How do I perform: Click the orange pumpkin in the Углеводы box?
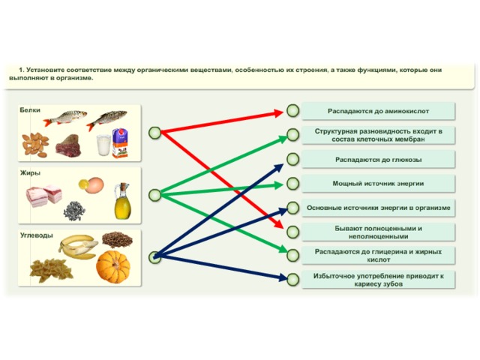(113, 267)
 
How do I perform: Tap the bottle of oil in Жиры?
(122, 201)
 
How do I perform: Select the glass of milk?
(103, 145)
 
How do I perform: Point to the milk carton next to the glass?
(120, 143)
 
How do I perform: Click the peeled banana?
(78, 247)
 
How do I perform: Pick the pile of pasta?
(51, 269)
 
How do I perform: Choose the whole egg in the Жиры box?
(94, 185)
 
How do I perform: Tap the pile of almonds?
(35, 145)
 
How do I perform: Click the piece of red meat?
(68, 145)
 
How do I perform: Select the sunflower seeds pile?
(74, 211)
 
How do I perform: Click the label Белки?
(30, 110)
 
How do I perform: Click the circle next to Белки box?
(154, 133)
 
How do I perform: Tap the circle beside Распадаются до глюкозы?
(293, 159)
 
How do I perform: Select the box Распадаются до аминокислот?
(378, 111)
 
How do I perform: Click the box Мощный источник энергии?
(378, 184)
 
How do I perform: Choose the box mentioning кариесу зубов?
(378, 280)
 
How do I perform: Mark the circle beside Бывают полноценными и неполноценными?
(293, 232)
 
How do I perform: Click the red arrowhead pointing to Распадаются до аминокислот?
(278, 113)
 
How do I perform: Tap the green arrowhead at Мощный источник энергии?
(278, 185)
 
